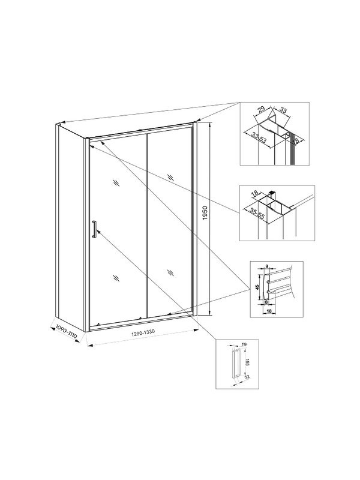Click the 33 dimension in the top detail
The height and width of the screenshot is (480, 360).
point(284,112)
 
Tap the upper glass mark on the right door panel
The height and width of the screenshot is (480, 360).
point(171,176)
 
